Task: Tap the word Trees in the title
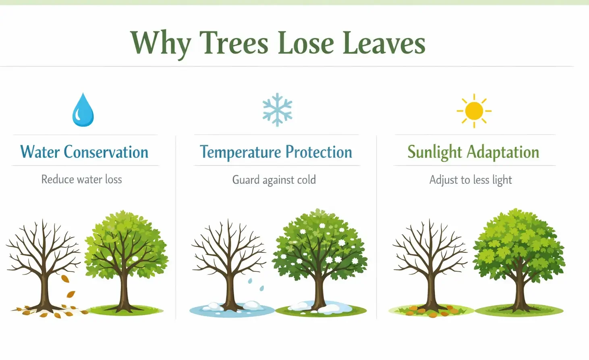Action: tap(234, 43)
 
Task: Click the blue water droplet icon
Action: tap(83, 110)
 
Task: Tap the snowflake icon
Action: tap(277, 110)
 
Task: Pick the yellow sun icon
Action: tap(474, 111)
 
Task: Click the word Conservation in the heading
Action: tap(106, 152)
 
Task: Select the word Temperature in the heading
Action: tap(241, 152)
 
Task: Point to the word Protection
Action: tap(319, 152)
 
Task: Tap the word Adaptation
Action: tap(503, 152)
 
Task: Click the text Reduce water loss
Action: tap(81, 179)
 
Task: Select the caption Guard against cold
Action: tap(274, 180)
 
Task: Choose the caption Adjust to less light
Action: tap(471, 180)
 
